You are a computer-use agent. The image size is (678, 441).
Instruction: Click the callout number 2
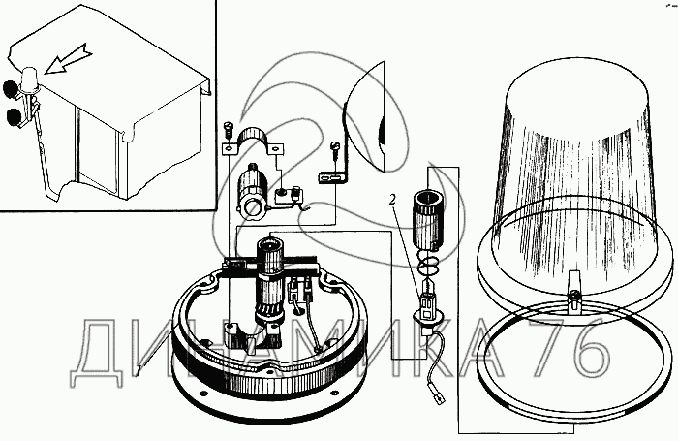point(393,201)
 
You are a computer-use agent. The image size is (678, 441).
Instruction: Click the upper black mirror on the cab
point(13,89)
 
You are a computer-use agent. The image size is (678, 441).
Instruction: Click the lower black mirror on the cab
point(15,117)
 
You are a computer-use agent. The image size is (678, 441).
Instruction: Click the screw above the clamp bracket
point(229,127)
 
